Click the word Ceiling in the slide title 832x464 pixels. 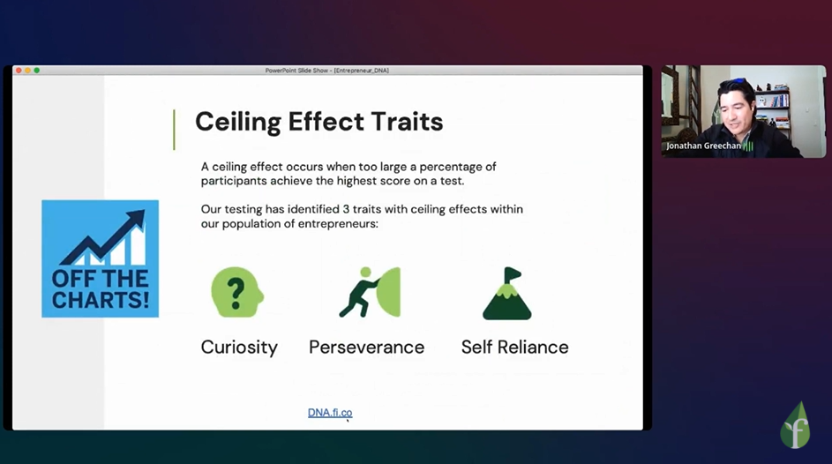coord(238,123)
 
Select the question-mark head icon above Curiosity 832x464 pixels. coord(237,292)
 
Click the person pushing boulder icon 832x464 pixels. coord(370,292)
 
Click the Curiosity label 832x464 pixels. coord(239,348)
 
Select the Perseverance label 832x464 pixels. coord(367,348)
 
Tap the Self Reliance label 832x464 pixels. coord(514,348)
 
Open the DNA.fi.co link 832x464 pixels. coord(330,413)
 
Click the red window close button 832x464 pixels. coord(19,71)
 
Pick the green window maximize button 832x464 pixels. coord(36,71)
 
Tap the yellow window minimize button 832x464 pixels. coord(27,71)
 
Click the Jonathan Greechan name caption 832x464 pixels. coord(703,146)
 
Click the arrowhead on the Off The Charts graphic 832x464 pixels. coord(135,219)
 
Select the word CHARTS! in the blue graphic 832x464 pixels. coord(101,300)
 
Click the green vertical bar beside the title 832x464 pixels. coord(174,130)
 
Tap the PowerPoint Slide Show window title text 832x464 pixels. coord(326,71)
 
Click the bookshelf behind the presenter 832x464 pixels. coord(772,106)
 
